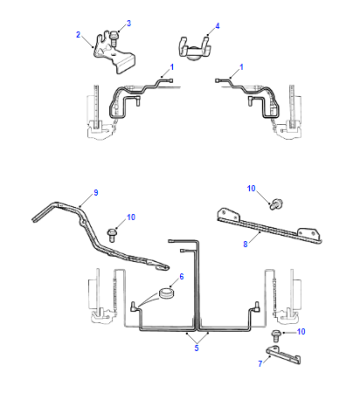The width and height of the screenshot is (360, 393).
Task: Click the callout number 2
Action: tap(78, 34)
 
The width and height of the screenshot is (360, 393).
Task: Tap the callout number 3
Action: tap(129, 23)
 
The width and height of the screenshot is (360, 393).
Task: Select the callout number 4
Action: tap(217, 26)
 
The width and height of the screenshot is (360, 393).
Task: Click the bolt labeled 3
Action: tap(113, 38)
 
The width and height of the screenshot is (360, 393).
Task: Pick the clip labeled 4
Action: tap(195, 49)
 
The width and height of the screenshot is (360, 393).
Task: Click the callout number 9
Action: tap(96, 193)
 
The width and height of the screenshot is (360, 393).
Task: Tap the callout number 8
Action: tap(245, 244)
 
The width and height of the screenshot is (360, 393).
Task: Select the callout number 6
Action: tap(182, 276)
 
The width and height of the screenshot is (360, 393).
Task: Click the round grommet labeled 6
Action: tap(166, 293)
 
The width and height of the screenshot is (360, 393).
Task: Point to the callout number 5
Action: tap(197, 348)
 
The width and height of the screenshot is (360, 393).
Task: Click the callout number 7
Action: tap(260, 363)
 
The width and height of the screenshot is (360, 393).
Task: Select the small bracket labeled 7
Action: tap(284, 355)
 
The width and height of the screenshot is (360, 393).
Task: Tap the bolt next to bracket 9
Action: tap(111, 234)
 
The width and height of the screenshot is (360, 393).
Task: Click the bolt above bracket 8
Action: tap(275, 204)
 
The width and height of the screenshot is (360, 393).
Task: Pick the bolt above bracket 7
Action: tap(276, 335)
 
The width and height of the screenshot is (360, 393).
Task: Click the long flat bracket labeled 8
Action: tap(269, 227)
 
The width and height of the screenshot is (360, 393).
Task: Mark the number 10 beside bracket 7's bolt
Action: tap(301, 332)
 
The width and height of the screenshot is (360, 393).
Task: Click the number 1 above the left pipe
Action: tap(172, 67)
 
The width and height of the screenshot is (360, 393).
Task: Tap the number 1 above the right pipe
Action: tap(241, 67)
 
